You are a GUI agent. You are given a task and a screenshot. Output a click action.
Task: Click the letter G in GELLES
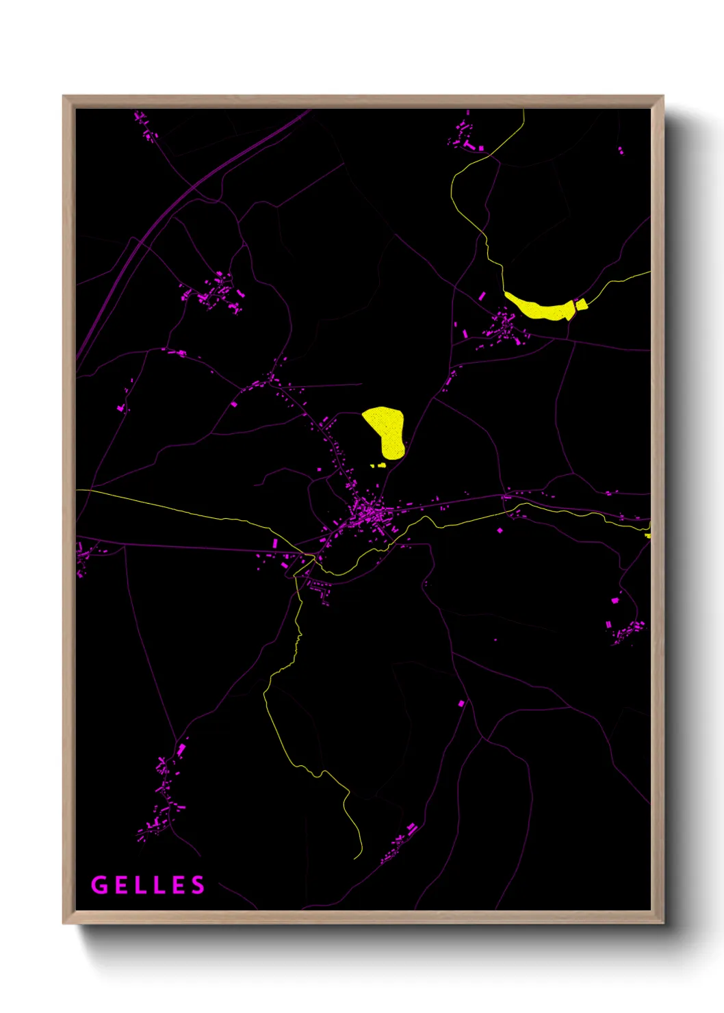(x=99, y=885)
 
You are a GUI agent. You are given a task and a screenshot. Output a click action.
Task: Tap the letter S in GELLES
(x=198, y=885)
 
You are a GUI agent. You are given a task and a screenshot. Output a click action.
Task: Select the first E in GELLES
(x=120, y=885)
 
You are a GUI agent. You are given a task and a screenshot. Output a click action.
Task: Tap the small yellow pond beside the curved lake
(x=582, y=305)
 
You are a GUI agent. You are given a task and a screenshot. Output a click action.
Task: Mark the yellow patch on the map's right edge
(x=648, y=530)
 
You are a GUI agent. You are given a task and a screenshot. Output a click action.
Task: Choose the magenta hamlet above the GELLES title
(x=162, y=797)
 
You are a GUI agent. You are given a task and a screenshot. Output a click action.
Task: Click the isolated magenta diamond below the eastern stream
(x=500, y=530)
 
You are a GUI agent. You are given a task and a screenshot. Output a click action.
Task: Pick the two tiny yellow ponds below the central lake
(x=378, y=465)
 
